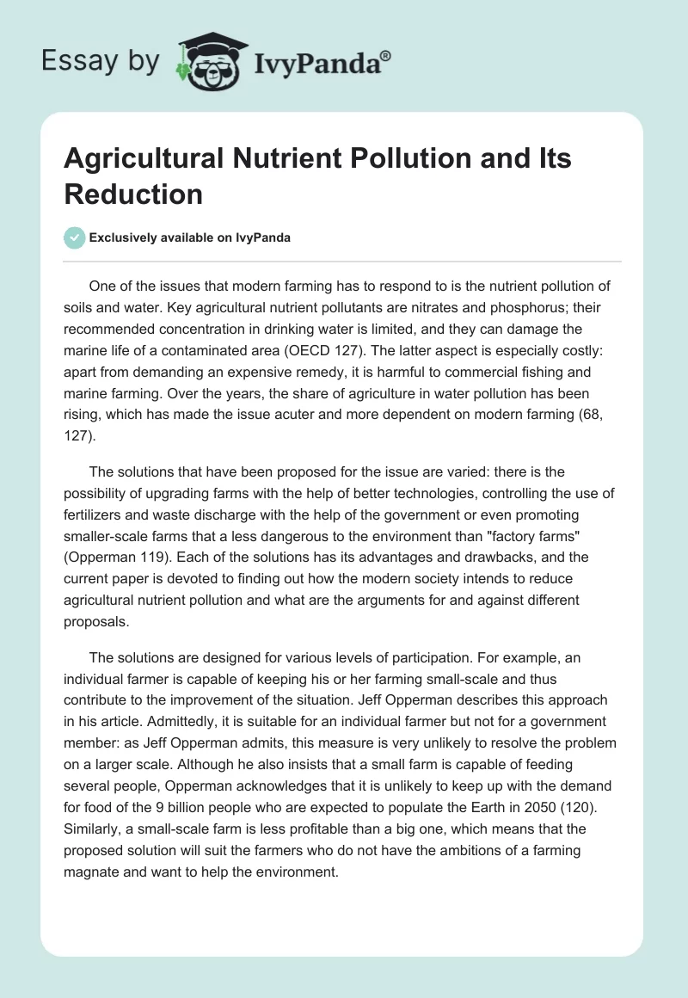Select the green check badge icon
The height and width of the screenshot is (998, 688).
tap(75, 237)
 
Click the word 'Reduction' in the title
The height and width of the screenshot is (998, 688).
tap(133, 194)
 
